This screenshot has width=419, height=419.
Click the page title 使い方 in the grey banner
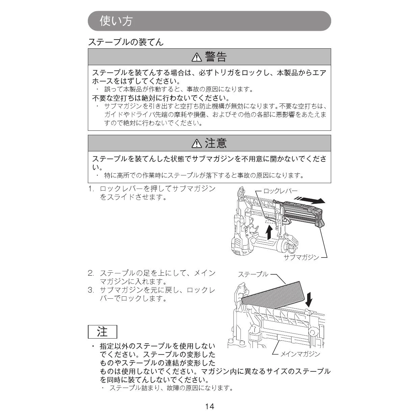pyautogui.click(x=116, y=21)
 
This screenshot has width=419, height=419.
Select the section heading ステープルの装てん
pyautogui.click(x=125, y=42)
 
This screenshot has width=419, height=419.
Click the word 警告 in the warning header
pyautogui.click(x=216, y=57)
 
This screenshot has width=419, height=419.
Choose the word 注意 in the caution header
pyautogui.click(x=216, y=143)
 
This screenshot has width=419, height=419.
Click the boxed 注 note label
pyautogui.click(x=102, y=332)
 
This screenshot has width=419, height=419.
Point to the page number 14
pyautogui.click(x=209, y=406)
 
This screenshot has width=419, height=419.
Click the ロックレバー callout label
pyautogui.click(x=280, y=191)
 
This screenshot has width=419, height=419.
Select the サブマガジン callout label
pyautogui.click(x=301, y=257)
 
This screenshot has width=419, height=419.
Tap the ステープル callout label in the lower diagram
pyautogui.click(x=253, y=274)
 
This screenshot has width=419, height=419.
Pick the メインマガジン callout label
pyautogui.click(x=300, y=354)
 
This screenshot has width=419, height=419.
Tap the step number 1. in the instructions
pyautogui.click(x=91, y=189)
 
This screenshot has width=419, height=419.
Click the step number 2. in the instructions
pyautogui.click(x=91, y=273)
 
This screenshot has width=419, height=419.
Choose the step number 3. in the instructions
pyautogui.click(x=91, y=290)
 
